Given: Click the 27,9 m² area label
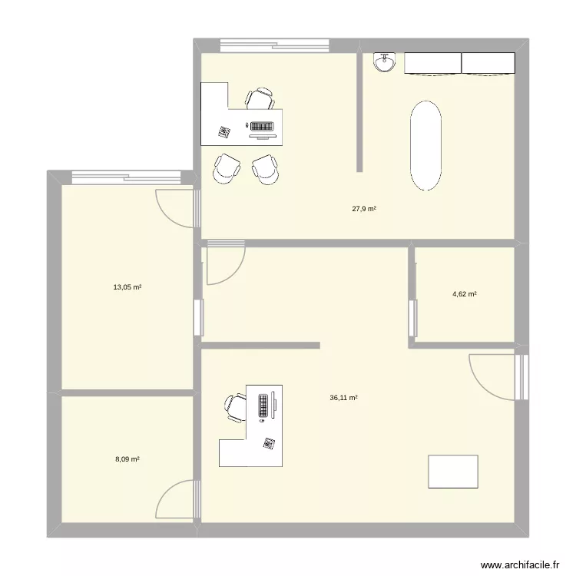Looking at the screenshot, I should pyautogui.click(x=364, y=208).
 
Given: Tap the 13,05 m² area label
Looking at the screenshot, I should pyautogui.click(x=127, y=287).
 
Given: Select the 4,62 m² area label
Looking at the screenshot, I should pyautogui.click(x=464, y=293).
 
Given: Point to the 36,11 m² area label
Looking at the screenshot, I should pyautogui.click(x=344, y=398).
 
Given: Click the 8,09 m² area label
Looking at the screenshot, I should pyautogui.click(x=127, y=459).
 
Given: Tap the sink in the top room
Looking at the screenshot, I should pyautogui.click(x=384, y=62).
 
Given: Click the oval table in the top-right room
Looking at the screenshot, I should pyautogui.click(x=426, y=146).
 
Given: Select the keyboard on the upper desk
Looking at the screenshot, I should pyautogui.click(x=260, y=126).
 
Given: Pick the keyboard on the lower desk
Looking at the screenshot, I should pyautogui.click(x=263, y=405).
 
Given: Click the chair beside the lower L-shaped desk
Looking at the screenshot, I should pyautogui.click(x=235, y=407).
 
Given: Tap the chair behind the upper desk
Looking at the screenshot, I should pyautogui.click(x=260, y=99).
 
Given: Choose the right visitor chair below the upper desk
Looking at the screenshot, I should pyautogui.click(x=266, y=169).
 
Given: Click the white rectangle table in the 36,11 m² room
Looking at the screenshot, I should pyautogui.click(x=453, y=471).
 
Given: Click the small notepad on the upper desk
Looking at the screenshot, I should pyautogui.click(x=224, y=132).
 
